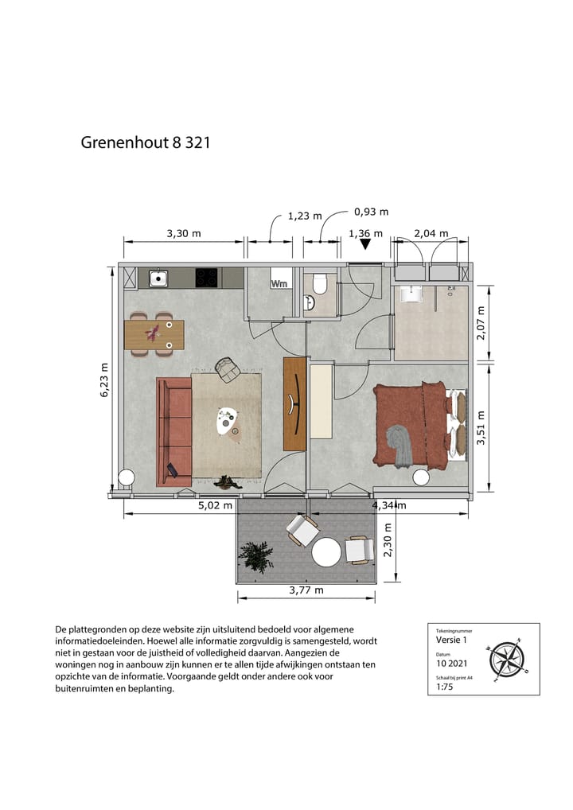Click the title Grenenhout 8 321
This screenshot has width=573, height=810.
[x=145, y=143]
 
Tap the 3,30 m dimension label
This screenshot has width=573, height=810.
[x=183, y=233]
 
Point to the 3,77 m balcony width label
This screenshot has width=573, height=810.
[x=306, y=590]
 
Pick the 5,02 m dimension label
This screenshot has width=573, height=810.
[x=215, y=504]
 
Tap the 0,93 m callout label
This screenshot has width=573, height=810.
[x=371, y=212]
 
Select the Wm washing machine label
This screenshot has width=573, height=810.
[x=279, y=283]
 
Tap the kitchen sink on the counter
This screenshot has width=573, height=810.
[x=159, y=278]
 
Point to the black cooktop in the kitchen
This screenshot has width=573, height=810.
[x=207, y=278]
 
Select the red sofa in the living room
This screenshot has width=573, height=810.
[x=173, y=430]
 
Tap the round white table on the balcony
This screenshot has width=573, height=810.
[x=326, y=552]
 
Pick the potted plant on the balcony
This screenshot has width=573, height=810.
[x=257, y=555]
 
